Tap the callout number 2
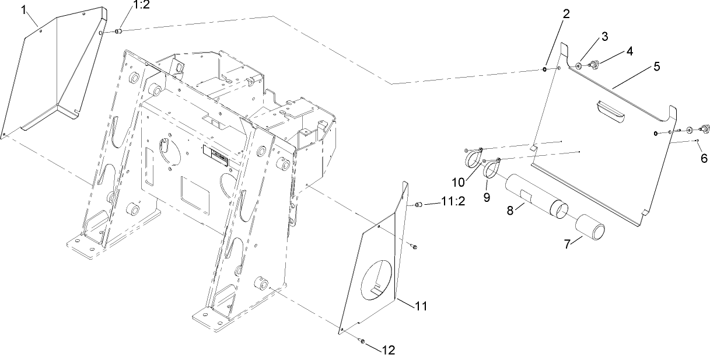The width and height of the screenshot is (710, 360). click(566, 13)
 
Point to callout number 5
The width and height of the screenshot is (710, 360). click(656, 66)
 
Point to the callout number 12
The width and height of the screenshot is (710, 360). click(388, 350)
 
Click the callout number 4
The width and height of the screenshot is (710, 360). click(629, 51)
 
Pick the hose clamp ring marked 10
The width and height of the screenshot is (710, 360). click(473, 159)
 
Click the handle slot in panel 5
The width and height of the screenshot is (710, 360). click(610, 111)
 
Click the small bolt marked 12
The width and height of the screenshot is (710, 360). click(362, 340)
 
